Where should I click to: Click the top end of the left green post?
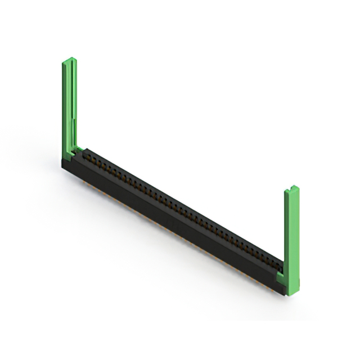(x=69, y=60)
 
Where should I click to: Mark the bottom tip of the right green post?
(x=292, y=293)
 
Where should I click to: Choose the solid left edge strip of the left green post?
(x=64, y=107)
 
